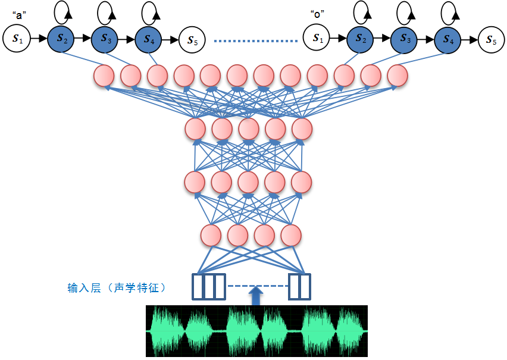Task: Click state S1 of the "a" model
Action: pos(16,39)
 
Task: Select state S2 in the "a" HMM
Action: pos(61,39)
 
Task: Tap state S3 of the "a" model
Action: pos(105,39)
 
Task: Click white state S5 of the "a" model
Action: pos(192,40)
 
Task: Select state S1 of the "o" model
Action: pos(317,39)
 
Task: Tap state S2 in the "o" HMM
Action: pos(361,39)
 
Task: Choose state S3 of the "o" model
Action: pos(405,39)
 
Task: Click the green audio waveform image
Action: pos(256,331)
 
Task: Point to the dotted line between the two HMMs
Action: pos(255,41)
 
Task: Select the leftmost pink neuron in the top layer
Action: pos(104,76)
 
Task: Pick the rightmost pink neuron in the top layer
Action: pos(398,76)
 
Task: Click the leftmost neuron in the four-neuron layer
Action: pos(211,236)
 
